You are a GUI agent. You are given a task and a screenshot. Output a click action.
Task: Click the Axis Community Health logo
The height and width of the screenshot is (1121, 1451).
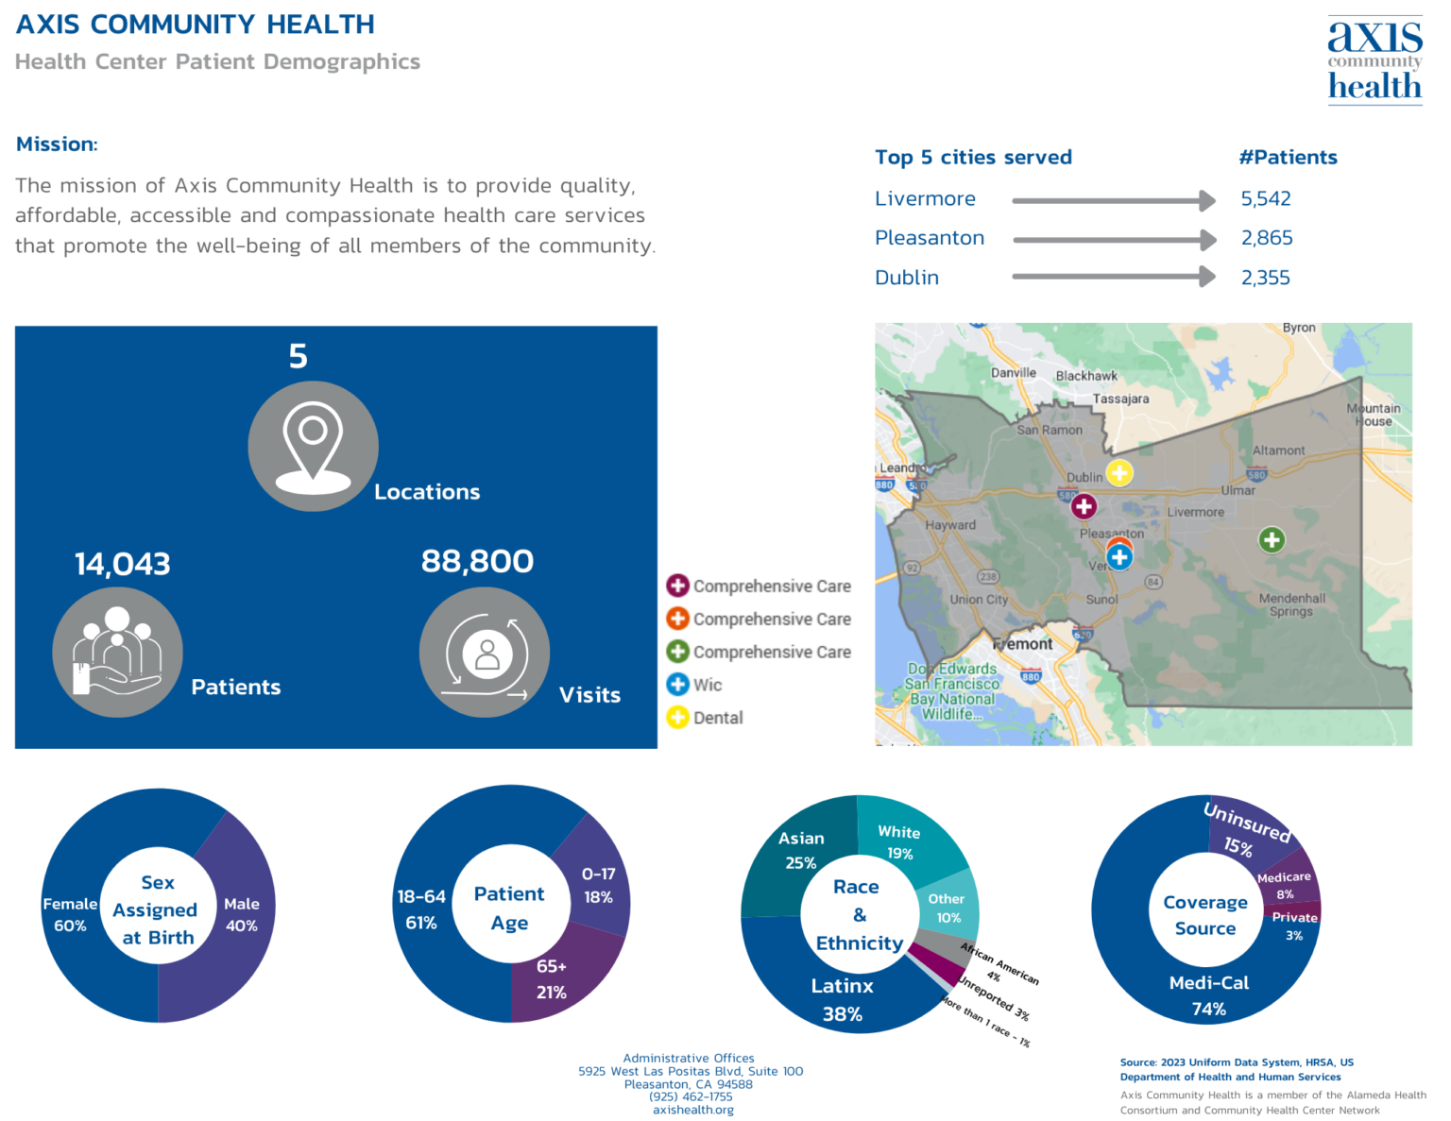1374,60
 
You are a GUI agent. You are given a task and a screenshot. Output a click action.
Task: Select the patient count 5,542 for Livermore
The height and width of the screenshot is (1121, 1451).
1266,199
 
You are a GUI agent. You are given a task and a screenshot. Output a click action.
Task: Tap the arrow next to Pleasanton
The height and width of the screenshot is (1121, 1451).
1114,240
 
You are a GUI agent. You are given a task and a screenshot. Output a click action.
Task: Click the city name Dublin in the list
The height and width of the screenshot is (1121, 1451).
907,278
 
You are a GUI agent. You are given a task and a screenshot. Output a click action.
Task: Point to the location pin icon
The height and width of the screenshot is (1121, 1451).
313,447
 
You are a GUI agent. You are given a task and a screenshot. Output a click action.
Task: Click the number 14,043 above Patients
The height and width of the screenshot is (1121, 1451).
123,565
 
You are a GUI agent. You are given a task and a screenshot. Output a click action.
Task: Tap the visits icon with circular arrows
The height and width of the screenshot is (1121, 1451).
485,653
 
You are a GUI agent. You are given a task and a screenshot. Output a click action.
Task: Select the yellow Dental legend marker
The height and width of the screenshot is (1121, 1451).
677,718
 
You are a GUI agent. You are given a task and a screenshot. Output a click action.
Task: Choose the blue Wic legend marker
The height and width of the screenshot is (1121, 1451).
677,685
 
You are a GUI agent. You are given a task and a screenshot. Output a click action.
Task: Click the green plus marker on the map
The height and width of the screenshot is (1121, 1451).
1272,540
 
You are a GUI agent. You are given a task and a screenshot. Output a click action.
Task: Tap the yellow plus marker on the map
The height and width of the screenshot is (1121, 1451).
1119,472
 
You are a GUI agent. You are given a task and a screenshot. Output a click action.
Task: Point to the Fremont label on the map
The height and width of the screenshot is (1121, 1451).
1023,644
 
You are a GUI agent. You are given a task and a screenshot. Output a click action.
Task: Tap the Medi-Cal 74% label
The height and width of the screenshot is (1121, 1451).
1209,995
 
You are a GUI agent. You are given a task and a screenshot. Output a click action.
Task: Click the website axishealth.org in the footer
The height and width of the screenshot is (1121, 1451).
692,1110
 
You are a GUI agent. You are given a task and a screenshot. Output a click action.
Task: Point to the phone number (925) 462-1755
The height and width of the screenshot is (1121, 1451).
691,1096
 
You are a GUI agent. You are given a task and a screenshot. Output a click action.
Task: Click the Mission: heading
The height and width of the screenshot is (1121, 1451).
57,144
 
